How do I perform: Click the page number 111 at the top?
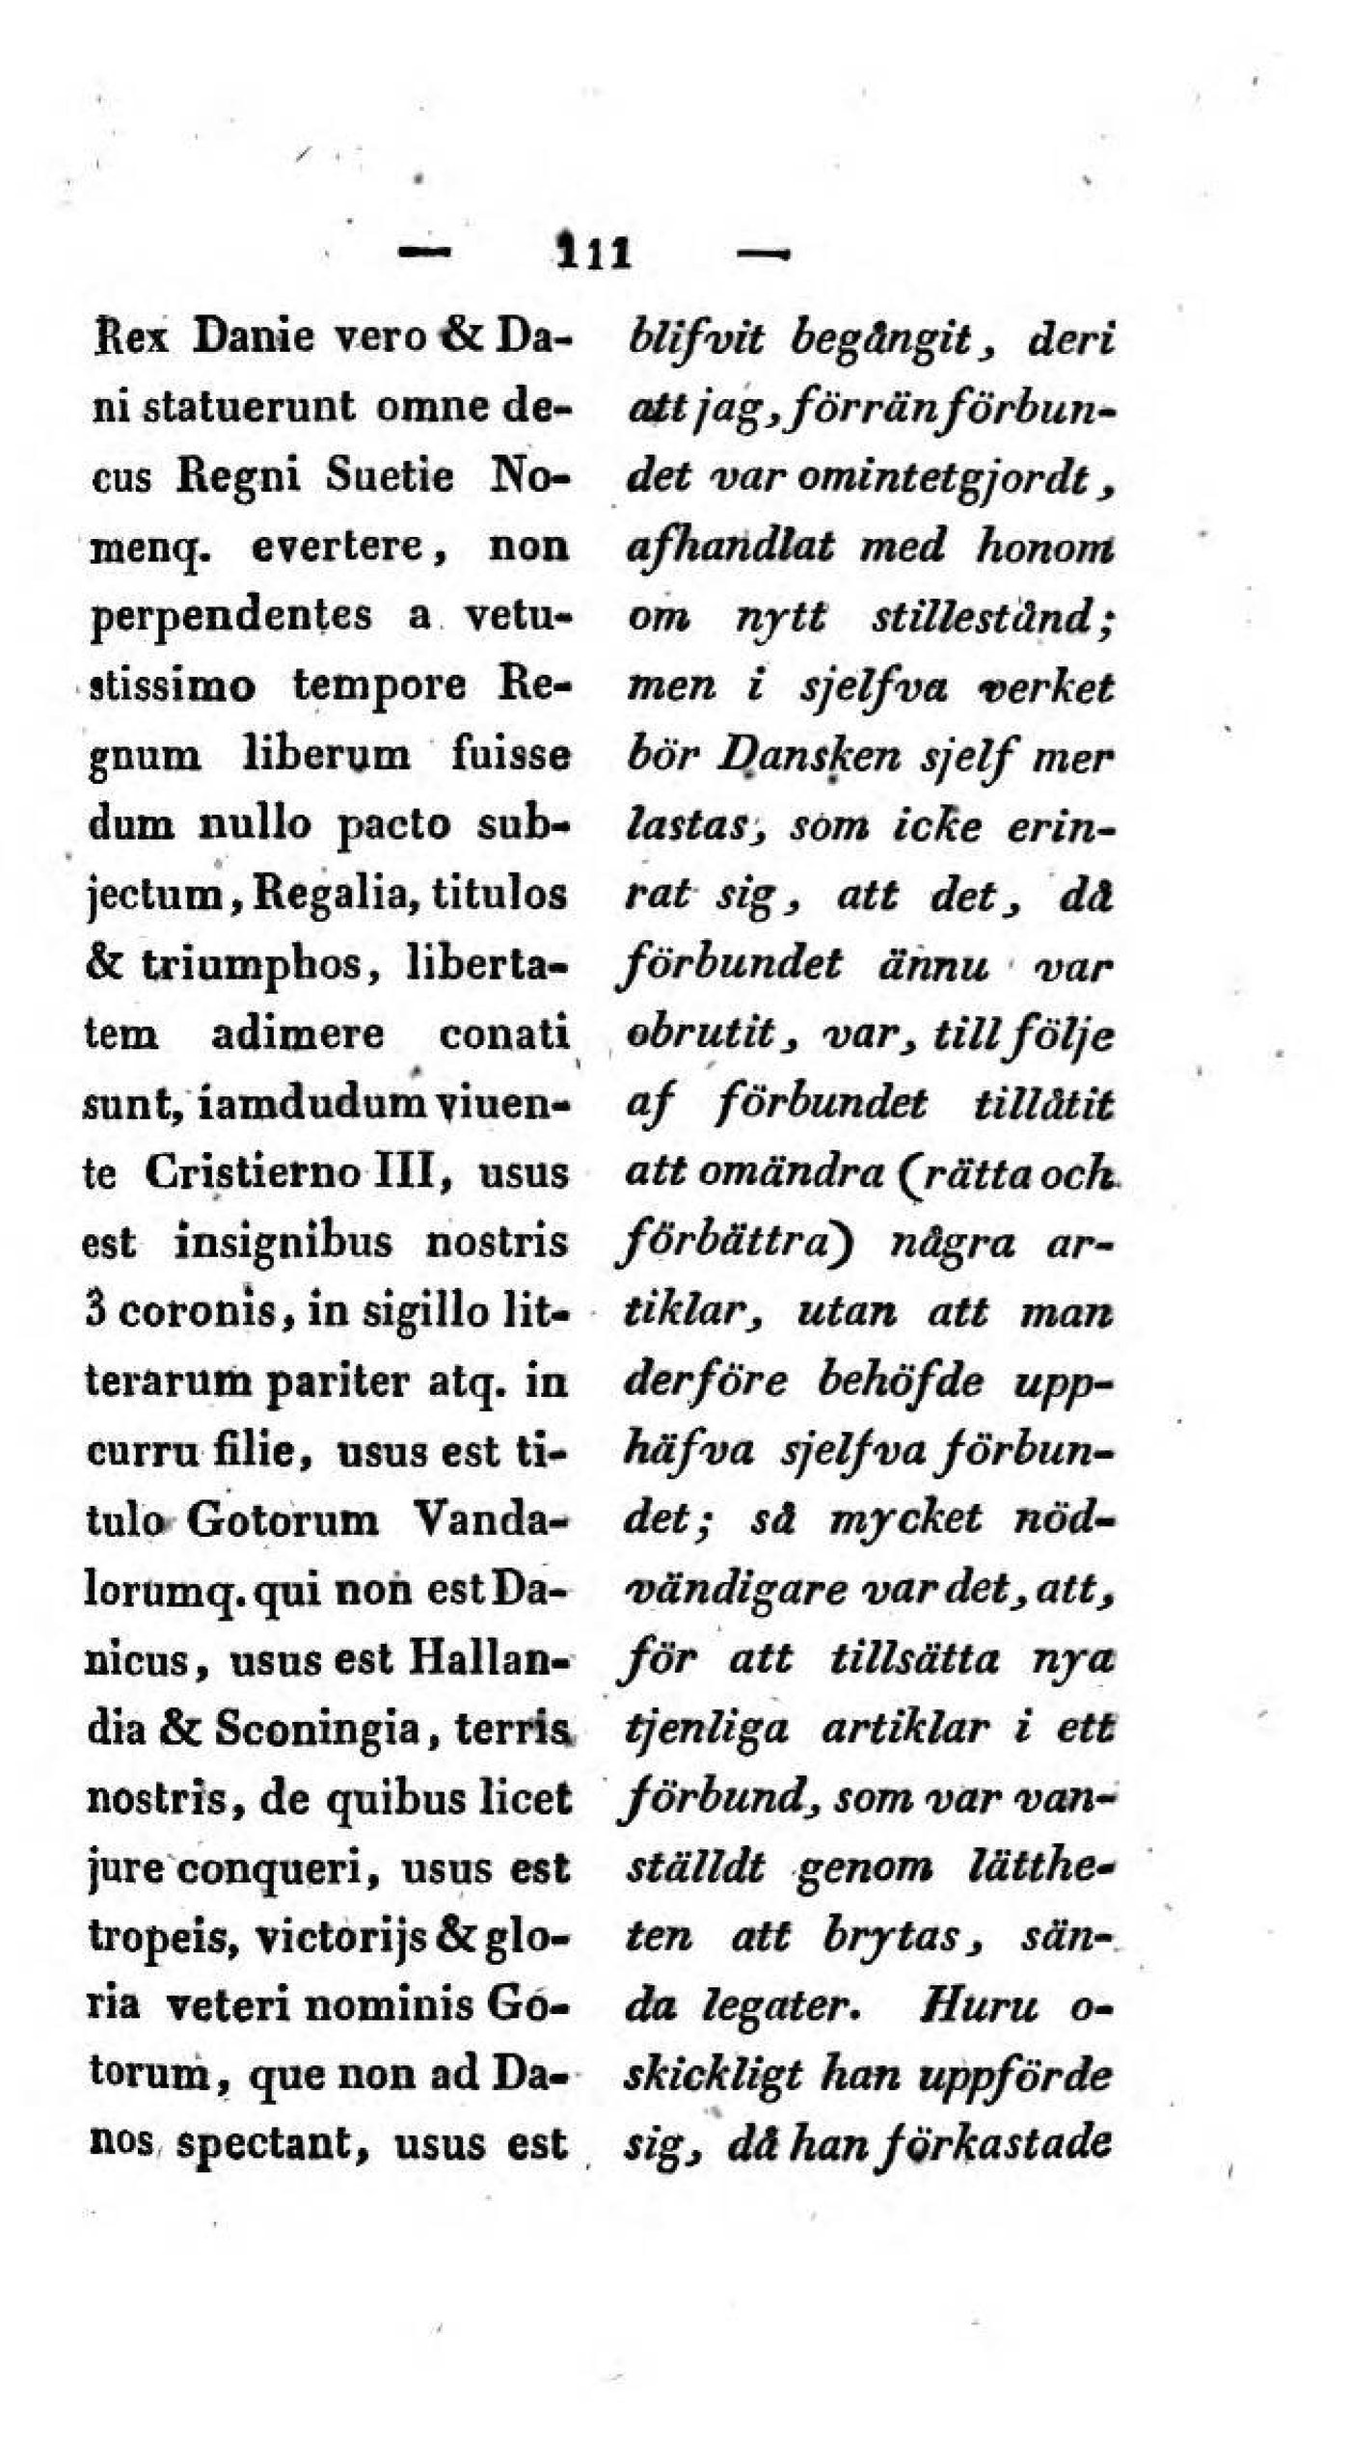point(593,255)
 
